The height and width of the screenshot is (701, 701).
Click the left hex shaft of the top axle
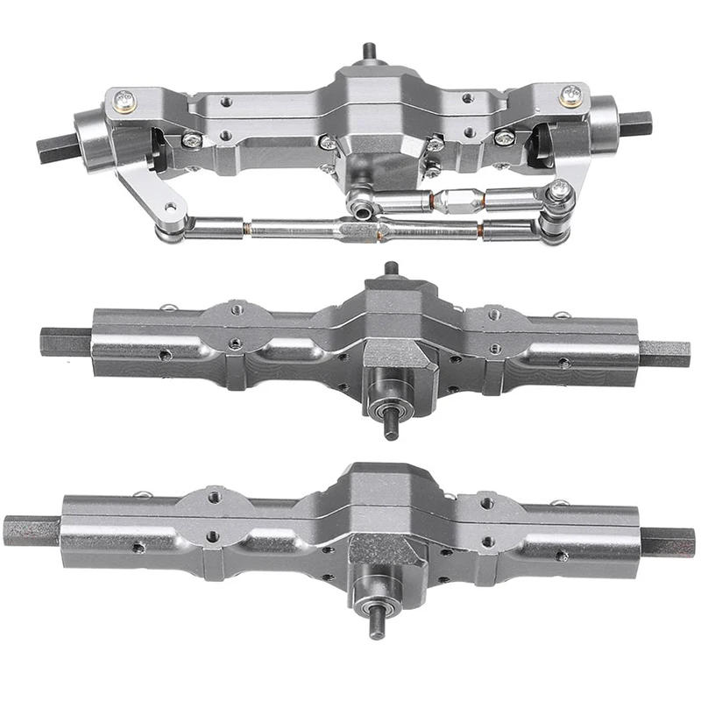55,143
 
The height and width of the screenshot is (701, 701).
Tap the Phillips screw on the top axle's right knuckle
571,94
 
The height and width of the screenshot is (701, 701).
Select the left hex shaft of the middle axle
64,342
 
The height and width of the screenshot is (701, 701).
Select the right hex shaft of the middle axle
663,353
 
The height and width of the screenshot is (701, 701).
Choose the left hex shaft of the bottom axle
31,530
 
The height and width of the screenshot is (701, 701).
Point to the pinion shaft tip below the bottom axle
377,630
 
